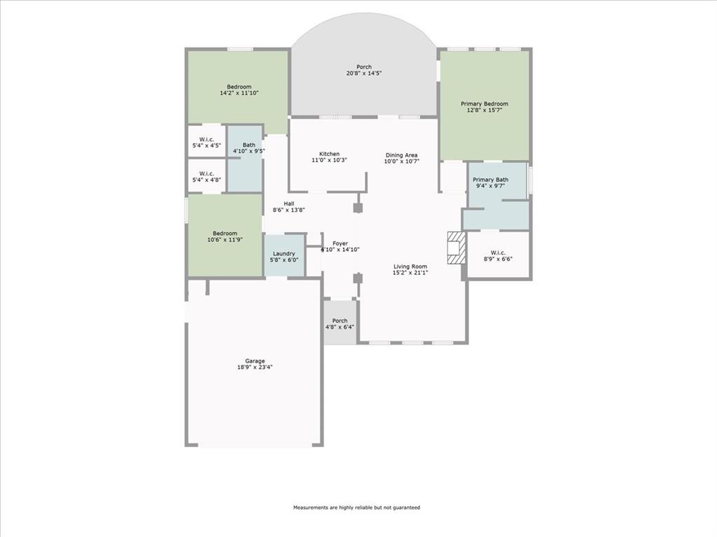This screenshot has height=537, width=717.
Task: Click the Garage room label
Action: coord(254,361)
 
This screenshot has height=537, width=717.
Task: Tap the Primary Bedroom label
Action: coord(484,104)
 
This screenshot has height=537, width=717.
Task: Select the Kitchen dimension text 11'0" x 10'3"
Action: coord(329,160)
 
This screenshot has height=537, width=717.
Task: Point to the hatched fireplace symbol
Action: coord(456,248)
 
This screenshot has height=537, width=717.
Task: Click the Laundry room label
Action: coord(284,254)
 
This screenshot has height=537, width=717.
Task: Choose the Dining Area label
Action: coord(401,155)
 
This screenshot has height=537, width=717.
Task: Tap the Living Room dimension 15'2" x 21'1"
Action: coord(410,273)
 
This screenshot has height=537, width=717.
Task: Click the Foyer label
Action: coord(340,243)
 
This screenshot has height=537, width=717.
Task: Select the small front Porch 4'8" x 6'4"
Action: coord(340,324)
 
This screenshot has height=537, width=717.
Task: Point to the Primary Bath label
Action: coord(491,180)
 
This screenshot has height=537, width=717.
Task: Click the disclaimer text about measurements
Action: coord(356,508)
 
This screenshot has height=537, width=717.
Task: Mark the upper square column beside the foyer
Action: coord(358,208)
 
